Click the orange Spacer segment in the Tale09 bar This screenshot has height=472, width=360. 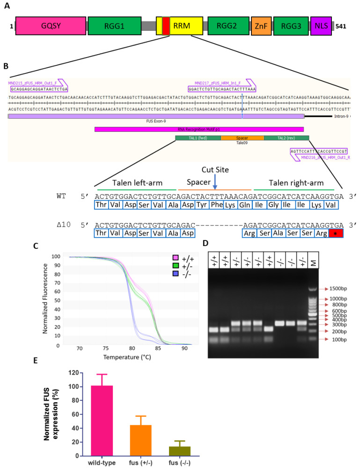pos(242,138)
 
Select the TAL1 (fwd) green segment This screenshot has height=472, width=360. pos(198,138)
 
